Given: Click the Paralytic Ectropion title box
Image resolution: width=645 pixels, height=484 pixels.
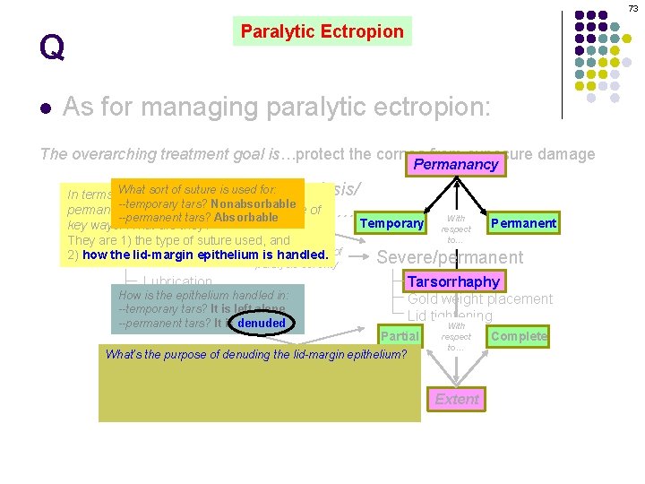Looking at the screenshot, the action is tap(322, 31).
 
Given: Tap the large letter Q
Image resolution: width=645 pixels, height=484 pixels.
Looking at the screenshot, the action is tap(52, 47).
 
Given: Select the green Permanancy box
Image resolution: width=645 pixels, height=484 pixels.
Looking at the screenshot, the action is tap(455, 165).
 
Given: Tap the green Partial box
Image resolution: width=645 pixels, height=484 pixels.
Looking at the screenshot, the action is tap(399, 336).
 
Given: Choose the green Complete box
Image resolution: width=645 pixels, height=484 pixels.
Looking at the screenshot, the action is tap(519, 336).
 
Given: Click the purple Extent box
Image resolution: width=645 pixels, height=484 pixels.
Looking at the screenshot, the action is tap(457, 399).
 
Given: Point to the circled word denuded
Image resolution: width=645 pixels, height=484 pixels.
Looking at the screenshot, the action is tap(262, 323).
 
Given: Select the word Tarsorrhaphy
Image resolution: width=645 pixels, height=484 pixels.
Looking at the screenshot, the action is tap(453, 281).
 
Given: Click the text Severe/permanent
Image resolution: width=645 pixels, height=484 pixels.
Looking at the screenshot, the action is tap(450, 257).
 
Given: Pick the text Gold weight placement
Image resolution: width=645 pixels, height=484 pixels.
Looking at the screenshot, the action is tap(480, 298).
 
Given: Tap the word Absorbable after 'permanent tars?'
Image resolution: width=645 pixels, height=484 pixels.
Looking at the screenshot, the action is tap(246, 217).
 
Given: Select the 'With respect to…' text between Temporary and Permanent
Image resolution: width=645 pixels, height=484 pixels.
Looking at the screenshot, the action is tap(456, 229).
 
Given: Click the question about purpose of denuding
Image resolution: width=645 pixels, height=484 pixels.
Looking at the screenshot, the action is tap(255, 354).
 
